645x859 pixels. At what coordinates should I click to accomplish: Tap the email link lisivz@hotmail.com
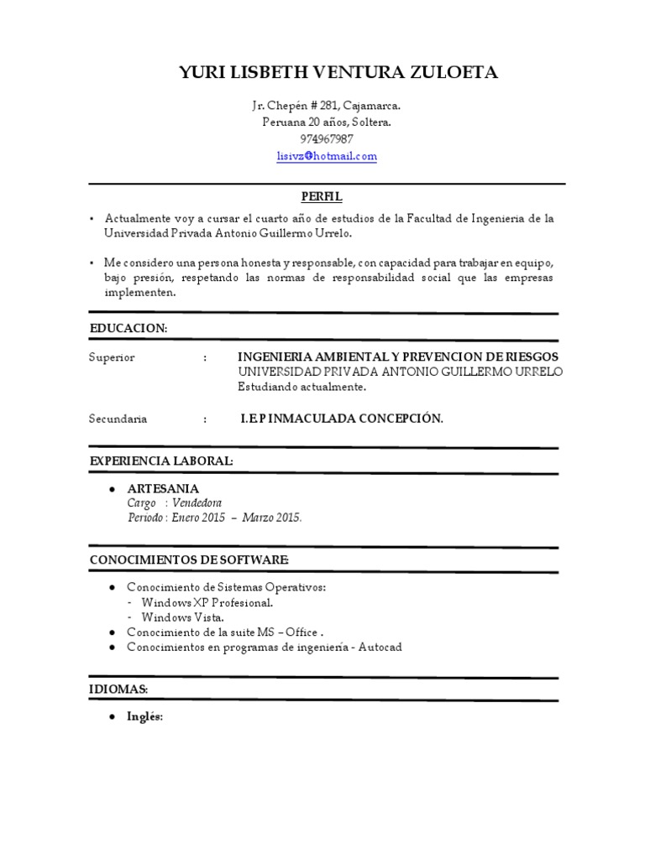[x=327, y=156]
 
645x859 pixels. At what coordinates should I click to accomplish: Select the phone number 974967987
[x=327, y=139]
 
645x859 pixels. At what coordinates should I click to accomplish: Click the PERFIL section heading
[x=322, y=196]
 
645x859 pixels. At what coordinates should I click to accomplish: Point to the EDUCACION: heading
[x=128, y=328]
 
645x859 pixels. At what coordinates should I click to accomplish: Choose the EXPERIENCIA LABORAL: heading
[x=161, y=461]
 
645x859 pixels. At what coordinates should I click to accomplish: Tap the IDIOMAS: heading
[x=118, y=689]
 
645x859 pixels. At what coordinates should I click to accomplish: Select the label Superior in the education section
[x=112, y=357]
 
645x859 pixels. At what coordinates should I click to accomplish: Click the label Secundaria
[x=118, y=419]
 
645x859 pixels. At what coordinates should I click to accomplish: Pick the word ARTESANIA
[x=163, y=488]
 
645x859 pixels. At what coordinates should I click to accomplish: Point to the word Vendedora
[x=197, y=503]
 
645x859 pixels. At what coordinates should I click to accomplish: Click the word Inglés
[x=144, y=717]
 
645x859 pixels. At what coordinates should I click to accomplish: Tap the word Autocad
[x=380, y=648]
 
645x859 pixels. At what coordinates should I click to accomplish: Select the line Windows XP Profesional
[x=207, y=602]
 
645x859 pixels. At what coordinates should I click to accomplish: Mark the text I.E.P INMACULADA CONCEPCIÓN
[x=341, y=419]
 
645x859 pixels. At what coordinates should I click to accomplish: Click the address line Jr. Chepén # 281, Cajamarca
[x=327, y=106]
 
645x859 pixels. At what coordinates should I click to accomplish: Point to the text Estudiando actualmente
[x=302, y=388]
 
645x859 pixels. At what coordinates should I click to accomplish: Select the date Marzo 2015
[x=272, y=518]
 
